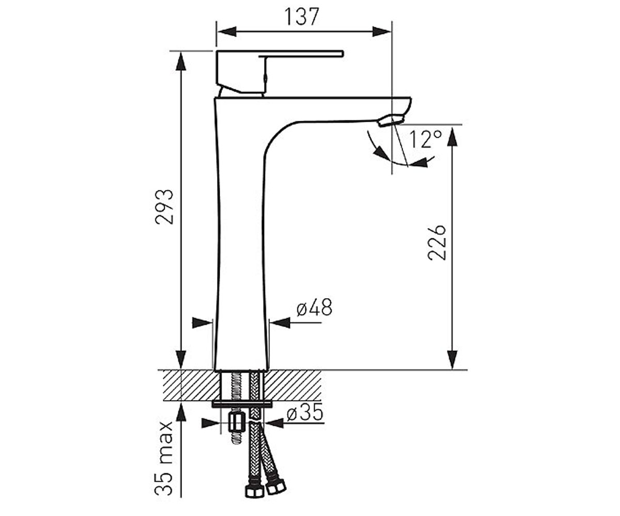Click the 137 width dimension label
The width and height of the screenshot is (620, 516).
click(302, 17)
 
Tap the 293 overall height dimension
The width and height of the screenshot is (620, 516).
click(164, 207)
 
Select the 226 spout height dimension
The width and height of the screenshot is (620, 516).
click(437, 243)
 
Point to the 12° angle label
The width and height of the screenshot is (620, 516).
click(426, 139)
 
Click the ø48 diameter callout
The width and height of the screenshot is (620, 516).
click(314, 307)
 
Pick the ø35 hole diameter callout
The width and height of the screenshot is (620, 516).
click(305, 412)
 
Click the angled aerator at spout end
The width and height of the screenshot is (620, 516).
click(391, 121)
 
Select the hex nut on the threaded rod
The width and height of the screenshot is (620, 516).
click(236, 423)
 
